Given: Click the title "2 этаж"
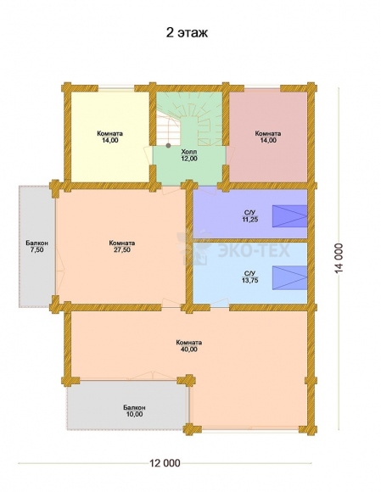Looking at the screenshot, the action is (187, 32).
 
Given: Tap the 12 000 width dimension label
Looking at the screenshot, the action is (165, 463).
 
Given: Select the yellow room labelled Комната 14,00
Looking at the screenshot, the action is (109, 137).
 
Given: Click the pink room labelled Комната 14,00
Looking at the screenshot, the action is (268, 137).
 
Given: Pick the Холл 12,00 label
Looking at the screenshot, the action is (189, 155).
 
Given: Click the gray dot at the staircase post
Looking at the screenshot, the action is (169, 145).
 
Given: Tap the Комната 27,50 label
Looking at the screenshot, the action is (122, 246).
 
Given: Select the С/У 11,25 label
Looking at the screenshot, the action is (250, 216).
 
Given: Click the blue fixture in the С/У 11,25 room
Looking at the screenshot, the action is (289, 215).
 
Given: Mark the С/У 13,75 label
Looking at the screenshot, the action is (250, 277).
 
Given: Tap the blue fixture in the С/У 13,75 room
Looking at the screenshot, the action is (289, 277).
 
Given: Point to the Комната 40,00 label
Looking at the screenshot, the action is (189, 345).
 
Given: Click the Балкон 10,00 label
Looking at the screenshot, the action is (134, 411).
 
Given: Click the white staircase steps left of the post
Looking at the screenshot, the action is (169, 130).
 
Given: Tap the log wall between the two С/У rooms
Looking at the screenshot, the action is (249, 240).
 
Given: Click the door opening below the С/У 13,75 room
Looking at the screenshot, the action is (220, 305).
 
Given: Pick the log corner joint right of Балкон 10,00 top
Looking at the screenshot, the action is (188, 380).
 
